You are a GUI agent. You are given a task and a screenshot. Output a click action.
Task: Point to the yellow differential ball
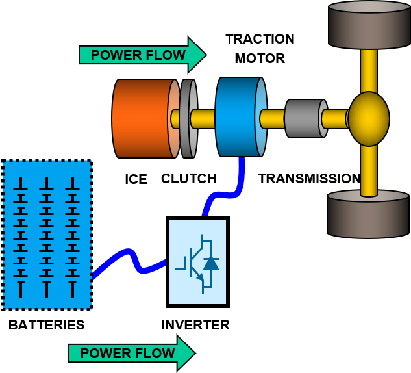(369, 118)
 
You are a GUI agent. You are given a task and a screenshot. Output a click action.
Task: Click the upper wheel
(369, 25)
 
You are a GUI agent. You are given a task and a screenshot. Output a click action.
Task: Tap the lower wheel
(368, 214)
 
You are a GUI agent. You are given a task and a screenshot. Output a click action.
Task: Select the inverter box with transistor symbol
(197, 262)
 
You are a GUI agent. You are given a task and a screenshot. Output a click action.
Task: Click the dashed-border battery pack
(47, 235)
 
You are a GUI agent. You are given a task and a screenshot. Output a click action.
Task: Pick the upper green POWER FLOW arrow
(143, 55)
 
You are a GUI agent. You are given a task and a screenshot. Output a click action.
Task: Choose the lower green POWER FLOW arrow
(132, 353)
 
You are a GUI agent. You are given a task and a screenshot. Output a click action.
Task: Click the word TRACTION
(260, 39)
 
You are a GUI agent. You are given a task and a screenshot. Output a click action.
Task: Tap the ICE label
(136, 179)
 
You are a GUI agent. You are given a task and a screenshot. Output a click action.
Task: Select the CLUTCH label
(188, 179)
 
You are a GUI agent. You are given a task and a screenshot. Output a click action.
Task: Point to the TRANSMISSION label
(309, 179)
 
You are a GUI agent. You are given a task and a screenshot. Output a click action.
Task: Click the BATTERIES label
(46, 325)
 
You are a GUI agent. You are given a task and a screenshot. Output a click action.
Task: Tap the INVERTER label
(195, 325)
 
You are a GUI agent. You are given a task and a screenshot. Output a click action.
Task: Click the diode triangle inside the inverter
(211, 264)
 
